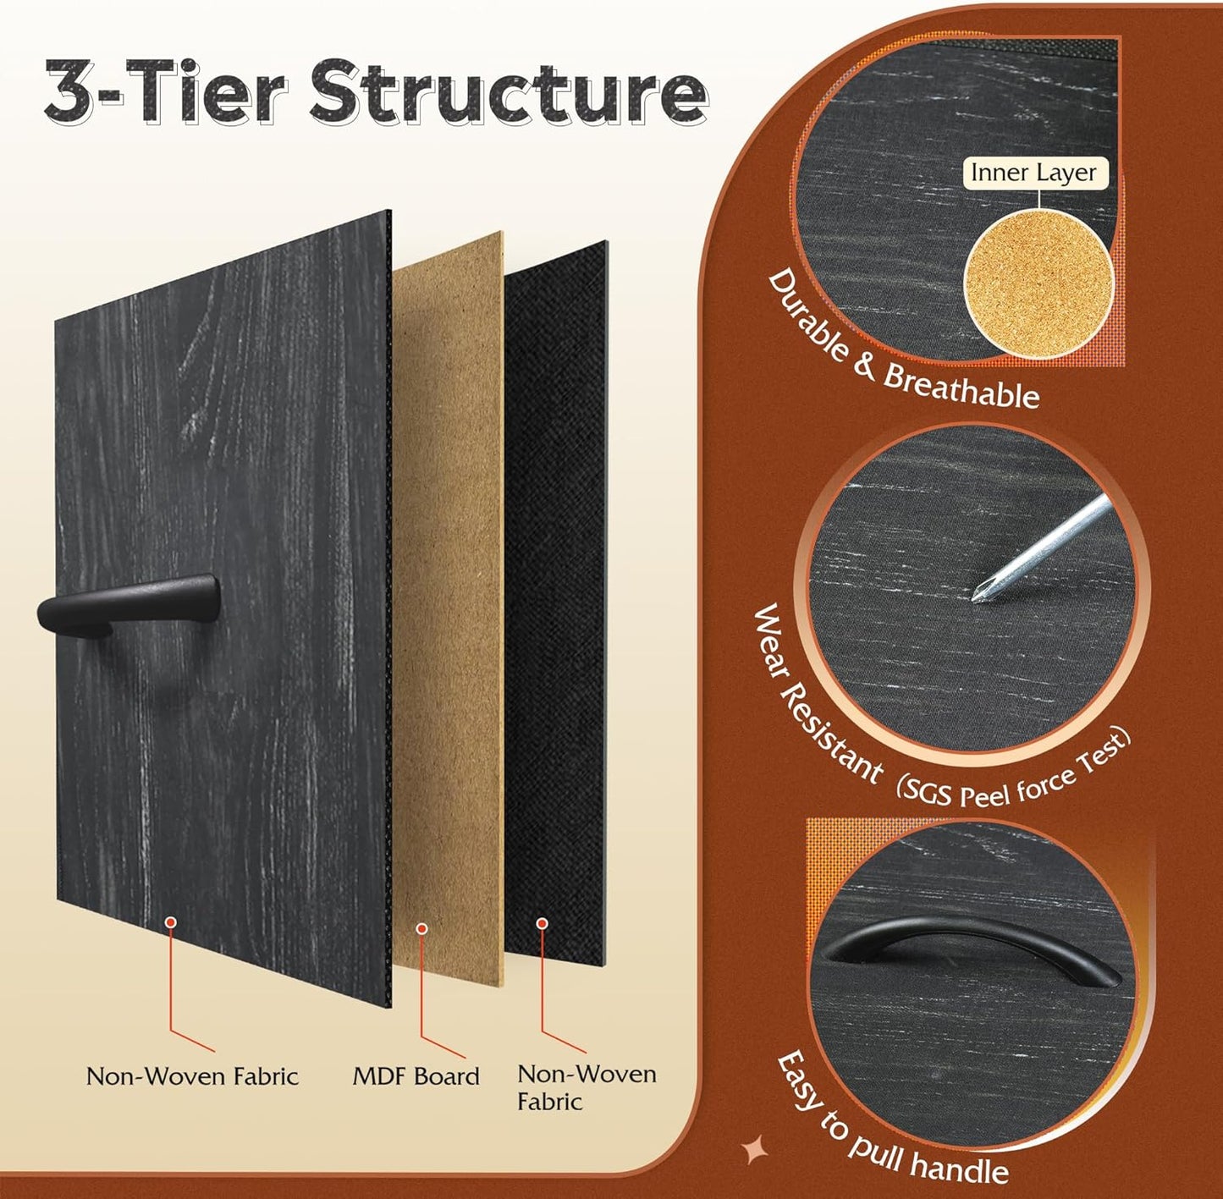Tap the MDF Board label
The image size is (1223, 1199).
pos(416,1076)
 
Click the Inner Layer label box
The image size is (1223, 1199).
pos(1033,173)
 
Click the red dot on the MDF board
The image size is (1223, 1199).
pos(421,928)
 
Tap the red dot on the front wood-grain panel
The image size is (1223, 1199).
pos(171,921)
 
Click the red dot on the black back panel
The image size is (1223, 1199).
pos(542,923)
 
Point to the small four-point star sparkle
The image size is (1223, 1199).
pos(754,1151)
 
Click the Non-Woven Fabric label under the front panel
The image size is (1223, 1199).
pos(192,1076)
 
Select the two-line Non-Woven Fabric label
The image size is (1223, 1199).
pos(586,1087)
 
